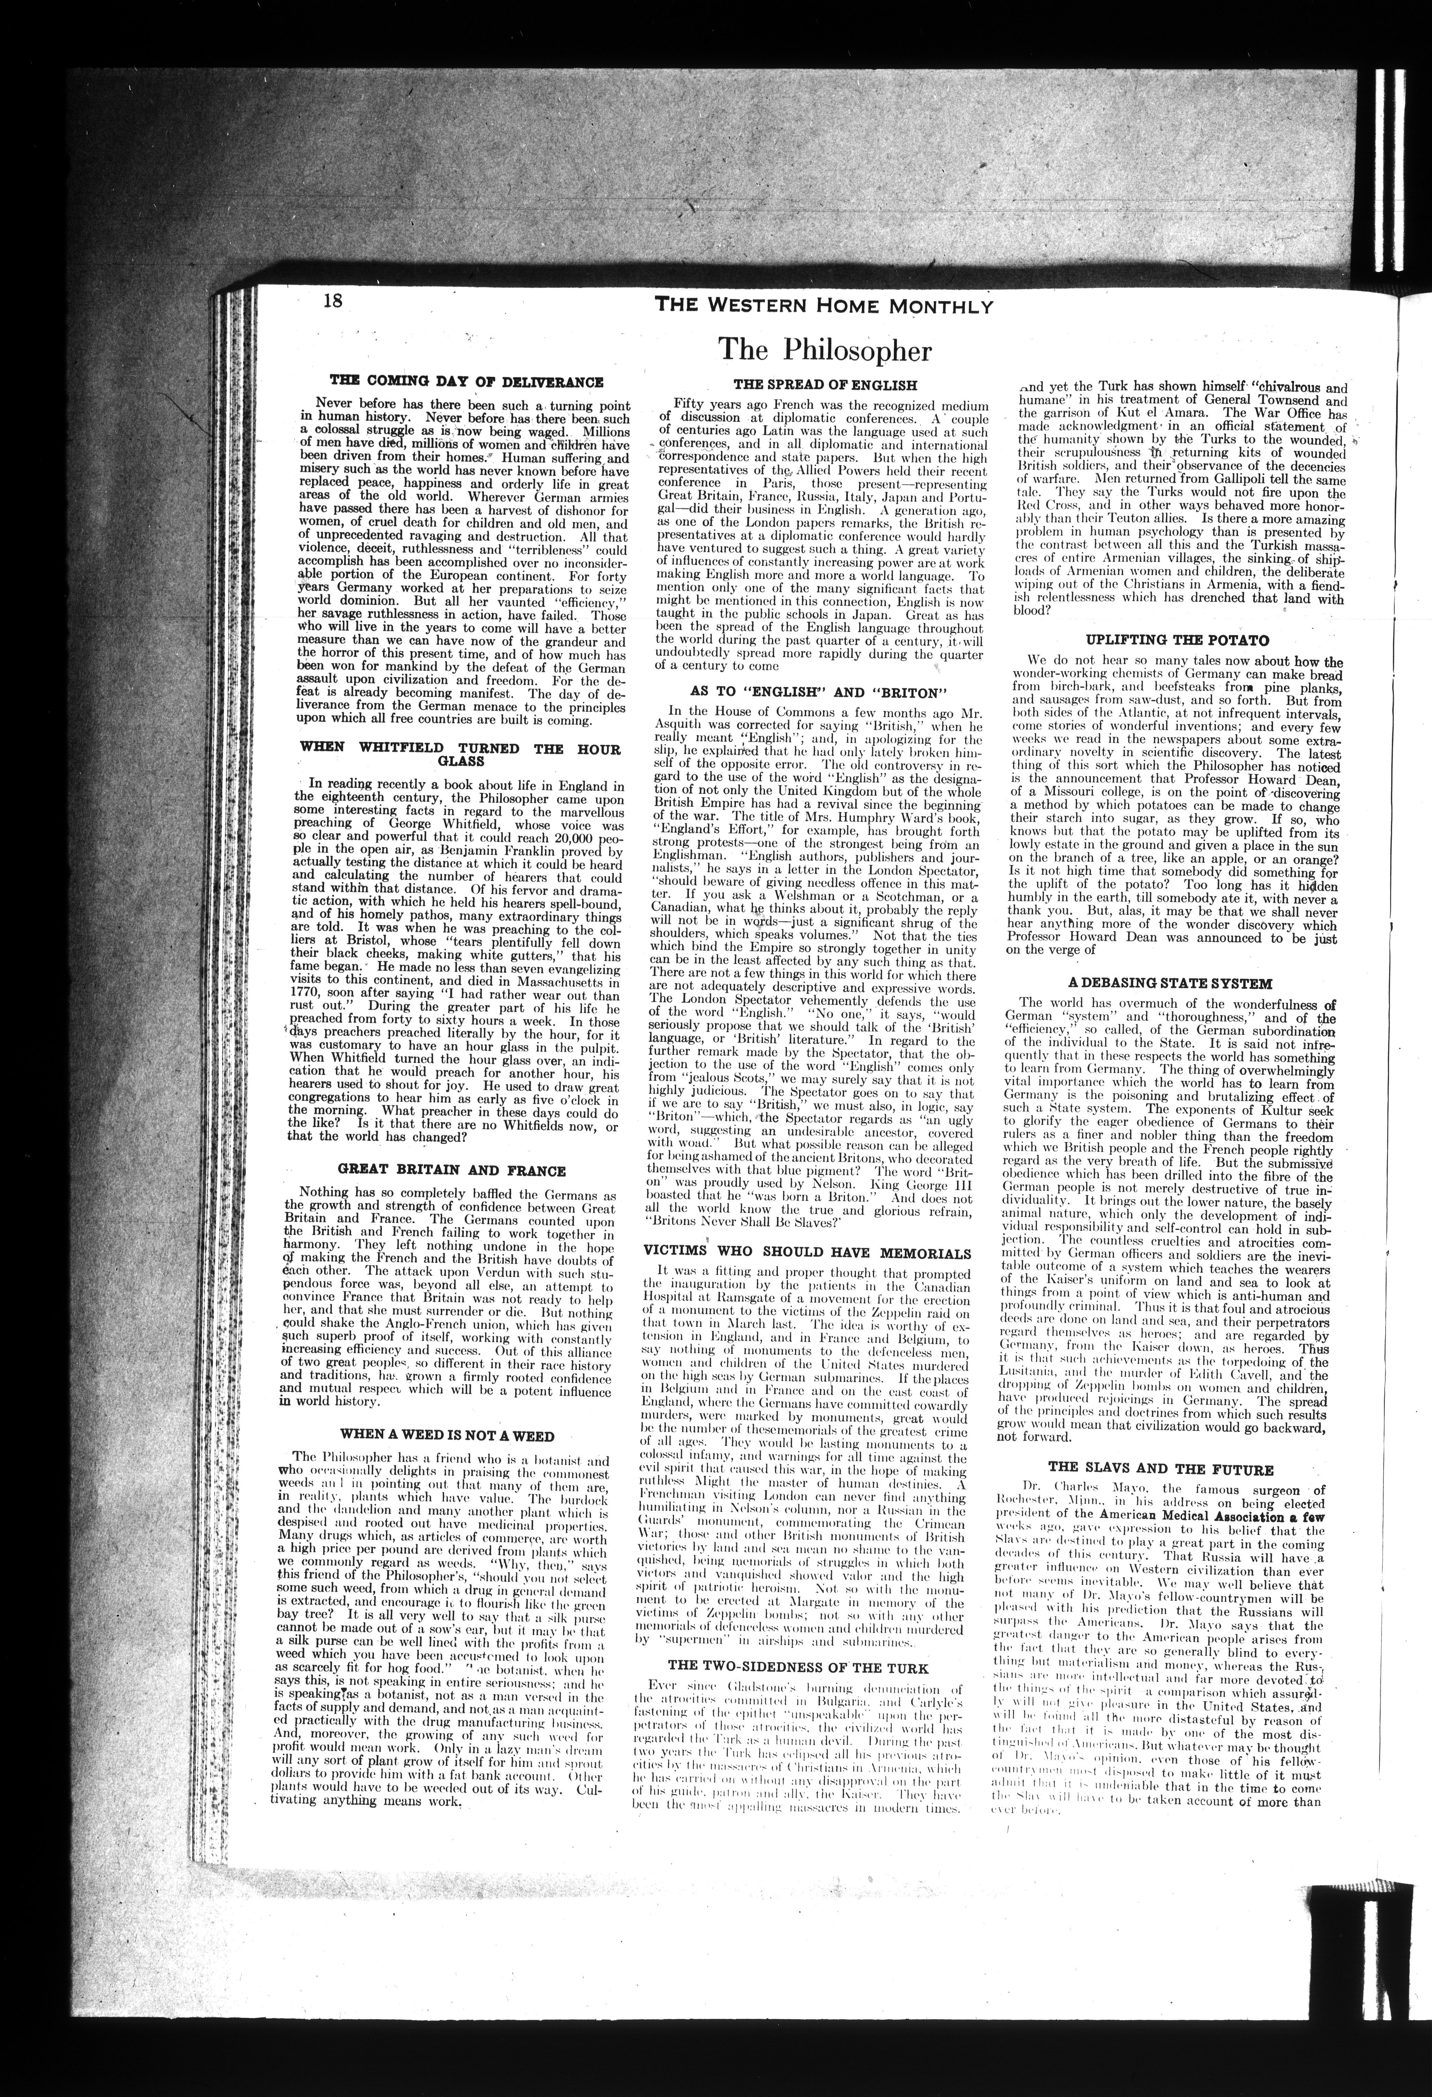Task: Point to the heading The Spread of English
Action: point(825,383)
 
